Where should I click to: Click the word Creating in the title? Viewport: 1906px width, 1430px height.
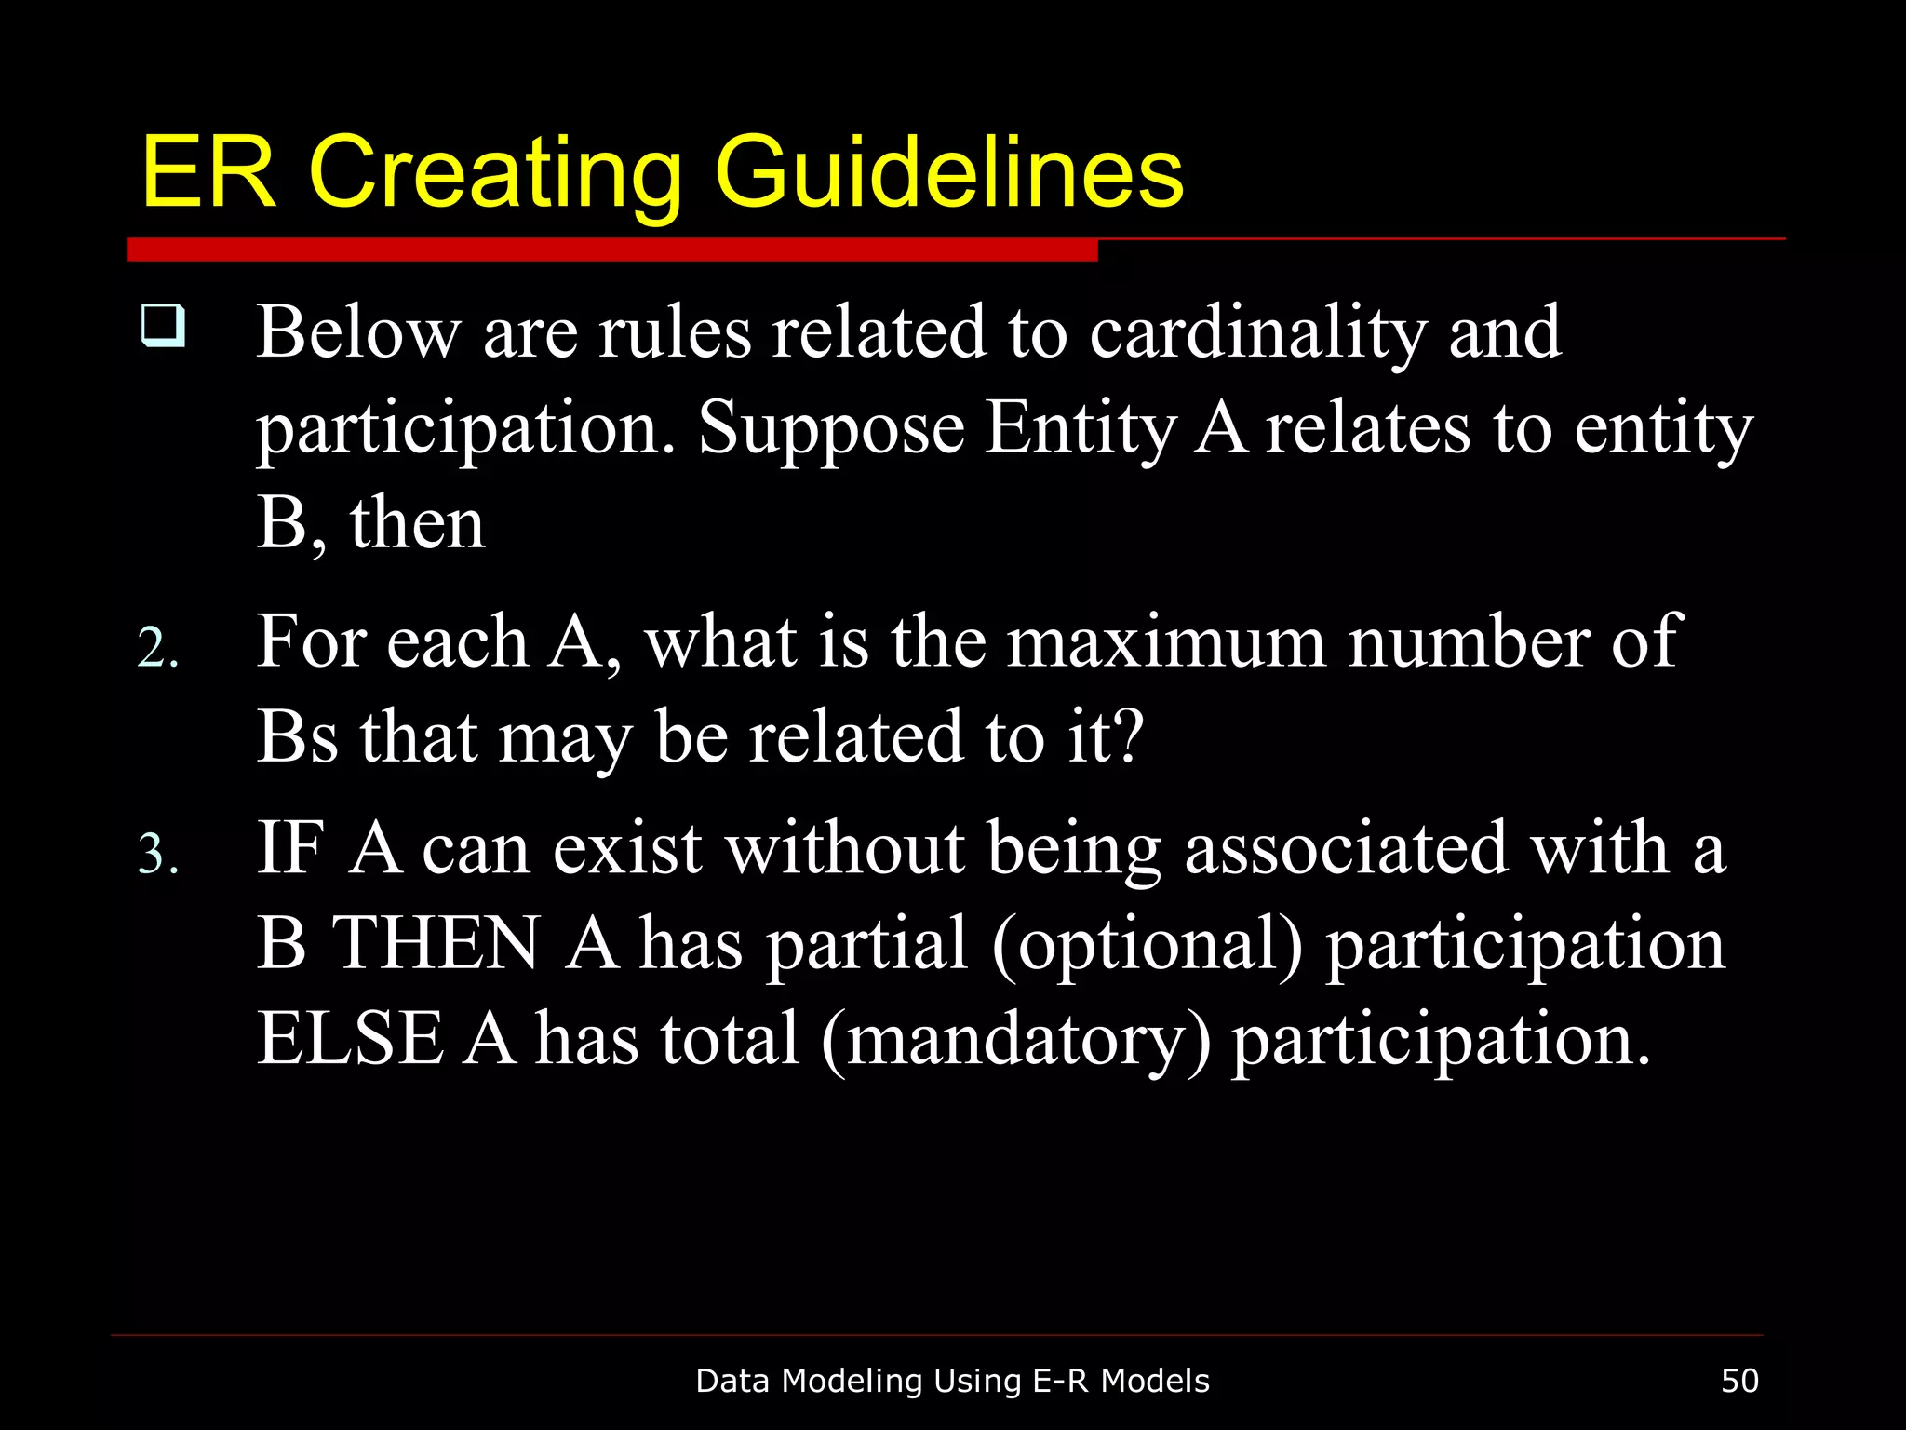click(494, 172)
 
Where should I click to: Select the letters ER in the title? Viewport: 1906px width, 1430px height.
click(208, 172)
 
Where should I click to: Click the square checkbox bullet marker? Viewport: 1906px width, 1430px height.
click(162, 325)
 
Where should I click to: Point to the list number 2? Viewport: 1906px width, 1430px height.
click(157, 648)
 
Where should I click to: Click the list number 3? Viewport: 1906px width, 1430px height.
click(157, 855)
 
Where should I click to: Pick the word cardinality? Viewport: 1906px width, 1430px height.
click(1257, 333)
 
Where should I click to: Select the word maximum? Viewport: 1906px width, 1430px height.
click(1166, 642)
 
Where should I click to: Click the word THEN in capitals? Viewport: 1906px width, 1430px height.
click(436, 943)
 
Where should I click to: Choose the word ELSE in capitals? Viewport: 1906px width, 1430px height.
click(350, 1039)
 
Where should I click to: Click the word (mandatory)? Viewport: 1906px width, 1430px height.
click(1016, 1041)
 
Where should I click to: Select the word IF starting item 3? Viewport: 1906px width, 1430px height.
click(290, 849)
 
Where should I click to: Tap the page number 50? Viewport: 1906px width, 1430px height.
click(1739, 1381)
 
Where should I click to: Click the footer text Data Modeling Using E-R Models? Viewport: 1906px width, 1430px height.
click(952, 1381)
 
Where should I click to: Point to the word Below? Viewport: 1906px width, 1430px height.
click(358, 332)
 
